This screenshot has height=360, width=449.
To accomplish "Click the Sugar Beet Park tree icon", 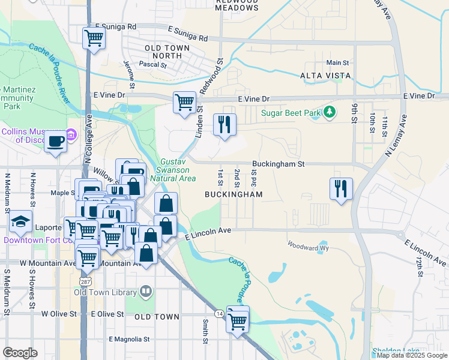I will click(329, 112).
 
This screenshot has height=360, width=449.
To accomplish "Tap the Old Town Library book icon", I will click(146, 292).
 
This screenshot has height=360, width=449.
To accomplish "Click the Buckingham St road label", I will click(279, 163).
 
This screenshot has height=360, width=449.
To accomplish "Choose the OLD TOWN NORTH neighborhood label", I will click(167, 52).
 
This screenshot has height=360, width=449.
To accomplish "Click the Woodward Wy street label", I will click(309, 245).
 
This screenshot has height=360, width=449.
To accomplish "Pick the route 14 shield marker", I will click(218, 313).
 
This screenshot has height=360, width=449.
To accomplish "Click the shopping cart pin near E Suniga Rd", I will click(94, 38).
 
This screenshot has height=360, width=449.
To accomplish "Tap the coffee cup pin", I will click(56, 142).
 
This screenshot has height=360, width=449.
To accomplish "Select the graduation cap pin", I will click(20, 222).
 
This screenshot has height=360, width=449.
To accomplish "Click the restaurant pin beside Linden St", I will click(225, 125).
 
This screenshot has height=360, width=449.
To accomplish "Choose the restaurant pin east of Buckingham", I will click(341, 189).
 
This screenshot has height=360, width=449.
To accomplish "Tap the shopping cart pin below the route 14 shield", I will click(238, 321).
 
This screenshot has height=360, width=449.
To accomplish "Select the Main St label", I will click(337, 62).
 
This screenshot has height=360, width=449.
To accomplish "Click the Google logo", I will click(20, 353).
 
